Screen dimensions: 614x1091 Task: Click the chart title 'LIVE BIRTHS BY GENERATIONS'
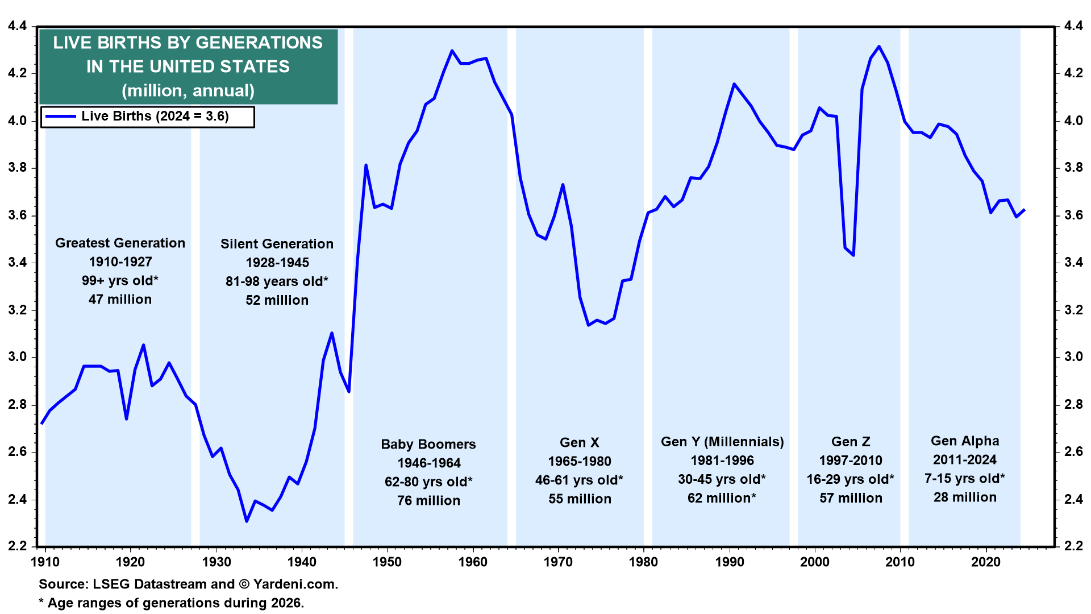(x=188, y=43)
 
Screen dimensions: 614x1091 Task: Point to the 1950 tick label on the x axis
(x=387, y=562)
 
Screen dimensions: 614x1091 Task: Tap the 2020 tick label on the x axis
(x=986, y=562)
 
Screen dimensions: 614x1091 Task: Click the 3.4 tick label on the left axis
(x=17, y=263)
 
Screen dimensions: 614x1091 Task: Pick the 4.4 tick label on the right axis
(x=1073, y=26)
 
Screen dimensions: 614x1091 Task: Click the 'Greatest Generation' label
(x=120, y=243)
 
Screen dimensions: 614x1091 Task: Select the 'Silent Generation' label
(x=277, y=244)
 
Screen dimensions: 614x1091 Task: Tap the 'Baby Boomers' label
(x=428, y=445)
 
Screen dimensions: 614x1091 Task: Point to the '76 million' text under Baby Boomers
(x=428, y=501)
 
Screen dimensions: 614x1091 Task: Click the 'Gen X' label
(x=580, y=443)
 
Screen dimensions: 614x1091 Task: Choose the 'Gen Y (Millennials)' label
(x=722, y=442)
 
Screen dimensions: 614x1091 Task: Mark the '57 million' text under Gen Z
(x=851, y=499)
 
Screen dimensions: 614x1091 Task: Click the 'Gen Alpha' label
(x=965, y=441)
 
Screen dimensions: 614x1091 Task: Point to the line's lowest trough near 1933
(x=247, y=521)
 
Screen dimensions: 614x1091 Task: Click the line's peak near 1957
(x=452, y=51)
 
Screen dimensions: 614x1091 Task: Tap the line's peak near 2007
(x=879, y=47)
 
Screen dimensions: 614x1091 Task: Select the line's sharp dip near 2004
(x=853, y=255)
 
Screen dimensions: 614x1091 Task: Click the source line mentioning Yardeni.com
(x=188, y=584)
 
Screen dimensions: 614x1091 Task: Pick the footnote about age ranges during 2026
(x=172, y=603)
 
